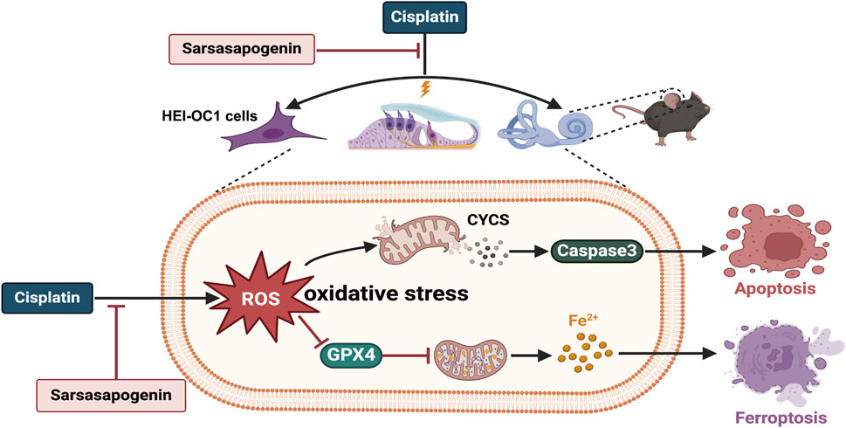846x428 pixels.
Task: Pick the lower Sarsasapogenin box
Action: click(x=111, y=396)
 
